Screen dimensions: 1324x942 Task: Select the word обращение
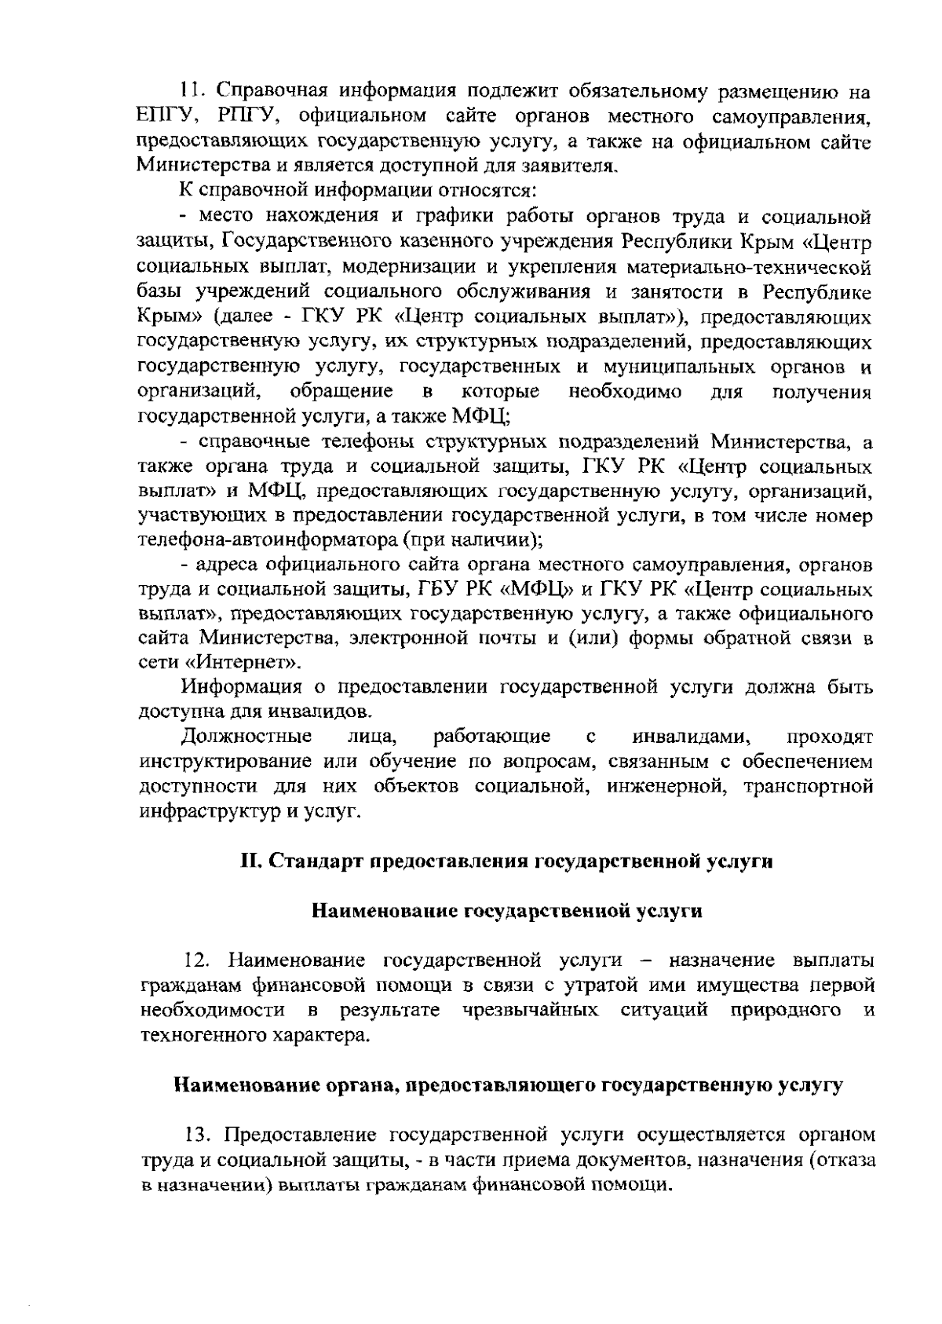click(x=341, y=391)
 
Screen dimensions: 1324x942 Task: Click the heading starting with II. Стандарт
click(x=506, y=861)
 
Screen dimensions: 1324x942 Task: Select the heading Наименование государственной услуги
click(x=506, y=911)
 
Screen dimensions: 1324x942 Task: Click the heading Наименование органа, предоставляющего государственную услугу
click(x=506, y=1086)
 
